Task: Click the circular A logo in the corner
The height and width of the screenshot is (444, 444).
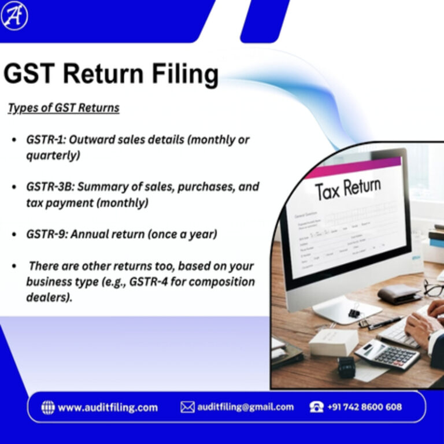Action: (x=14, y=16)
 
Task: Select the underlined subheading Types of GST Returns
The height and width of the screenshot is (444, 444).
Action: (x=63, y=108)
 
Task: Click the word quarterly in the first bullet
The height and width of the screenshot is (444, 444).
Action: (x=53, y=156)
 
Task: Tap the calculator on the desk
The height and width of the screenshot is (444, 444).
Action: (x=387, y=354)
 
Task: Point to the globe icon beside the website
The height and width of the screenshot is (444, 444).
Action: (x=48, y=407)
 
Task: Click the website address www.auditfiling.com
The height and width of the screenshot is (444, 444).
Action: (x=108, y=407)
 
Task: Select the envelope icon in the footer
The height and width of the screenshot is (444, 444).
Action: (x=187, y=407)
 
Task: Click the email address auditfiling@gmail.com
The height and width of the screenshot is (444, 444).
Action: (x=245, y=407)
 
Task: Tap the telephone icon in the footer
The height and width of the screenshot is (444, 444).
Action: (x=316, y=407)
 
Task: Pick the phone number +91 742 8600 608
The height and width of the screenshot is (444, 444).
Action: (x=364, y=407)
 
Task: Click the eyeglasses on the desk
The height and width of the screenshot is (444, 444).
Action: (x=433, y=287)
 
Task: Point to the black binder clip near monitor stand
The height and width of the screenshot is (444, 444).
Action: (x=354, y=312)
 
